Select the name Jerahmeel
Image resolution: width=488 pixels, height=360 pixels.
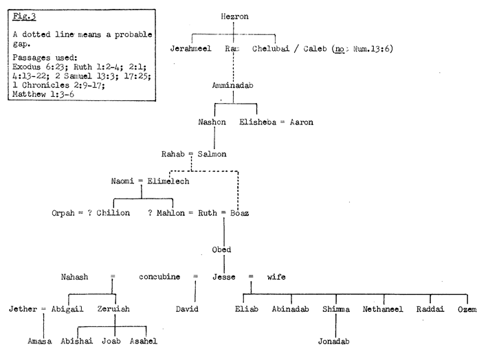193,49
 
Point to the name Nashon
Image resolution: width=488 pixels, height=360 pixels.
212,122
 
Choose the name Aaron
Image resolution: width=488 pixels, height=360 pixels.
301,122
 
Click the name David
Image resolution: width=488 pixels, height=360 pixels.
188,310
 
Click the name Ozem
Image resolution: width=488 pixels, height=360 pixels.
468,310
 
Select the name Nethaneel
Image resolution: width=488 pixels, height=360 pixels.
383,310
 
